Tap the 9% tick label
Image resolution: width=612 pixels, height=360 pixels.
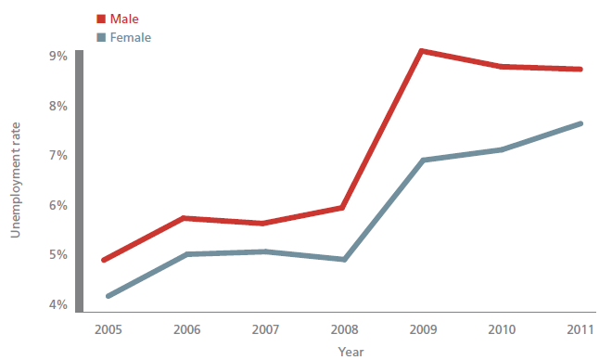coord(57,57)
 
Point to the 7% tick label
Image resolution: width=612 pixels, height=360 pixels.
coord(57,156)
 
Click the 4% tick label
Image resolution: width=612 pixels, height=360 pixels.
coord(57,305)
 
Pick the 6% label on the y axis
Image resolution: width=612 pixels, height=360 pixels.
coord(57,206)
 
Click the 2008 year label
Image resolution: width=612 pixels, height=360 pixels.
coord(344,329)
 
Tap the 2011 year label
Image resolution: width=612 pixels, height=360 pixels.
coord(580,329)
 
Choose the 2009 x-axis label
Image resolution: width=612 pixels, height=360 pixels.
coord(422,329)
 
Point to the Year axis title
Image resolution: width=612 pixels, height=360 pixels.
coord(351,352)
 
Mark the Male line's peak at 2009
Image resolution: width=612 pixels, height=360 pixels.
coord(422,51)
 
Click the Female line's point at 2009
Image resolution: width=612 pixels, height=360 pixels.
coord(422,161)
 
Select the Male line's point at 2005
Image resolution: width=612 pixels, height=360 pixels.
coord(106,260)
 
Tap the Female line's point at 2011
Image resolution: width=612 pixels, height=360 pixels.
coord(580,123)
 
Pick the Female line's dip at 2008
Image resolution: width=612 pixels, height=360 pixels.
coord(344,259)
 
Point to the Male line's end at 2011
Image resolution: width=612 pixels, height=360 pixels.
coord(580,69)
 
